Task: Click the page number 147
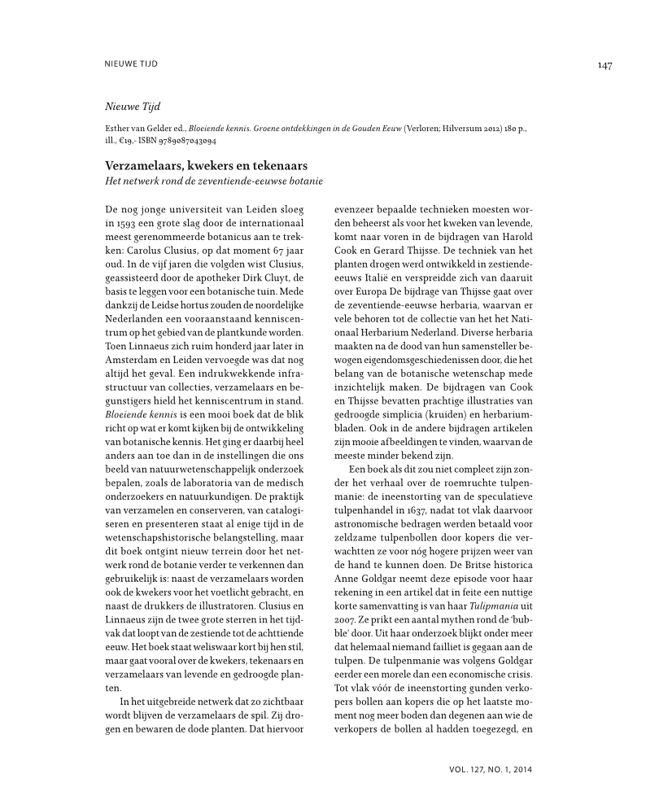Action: (x=603, y=64)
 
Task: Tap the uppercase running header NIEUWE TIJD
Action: (x=133, y=63)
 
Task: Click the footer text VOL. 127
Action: (x=471, y=767)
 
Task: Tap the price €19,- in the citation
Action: (x=130, y=140)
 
